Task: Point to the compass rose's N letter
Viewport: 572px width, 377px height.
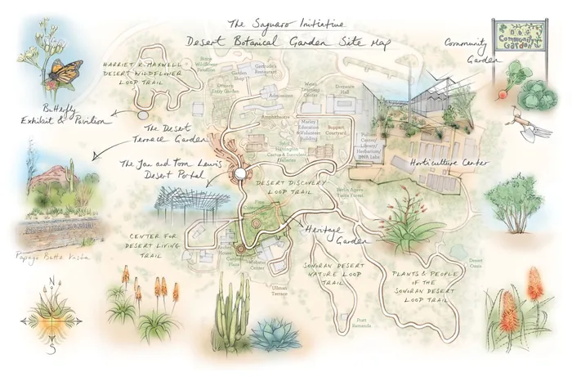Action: click(x=51, y=283)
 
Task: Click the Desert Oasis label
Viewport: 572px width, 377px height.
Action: click(x=475, y=264)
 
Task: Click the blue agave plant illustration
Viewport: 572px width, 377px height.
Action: click(x=271, y=333)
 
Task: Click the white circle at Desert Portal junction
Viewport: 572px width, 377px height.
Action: click(x=240, y=175)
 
